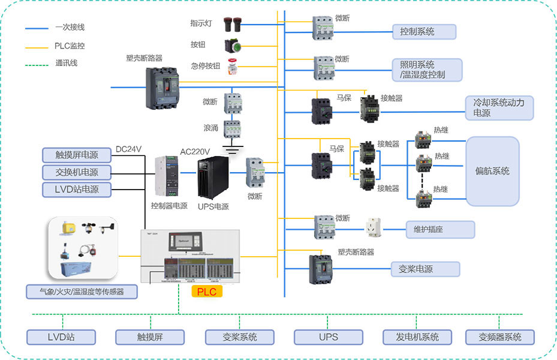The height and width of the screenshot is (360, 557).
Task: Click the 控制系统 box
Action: click(424, 32)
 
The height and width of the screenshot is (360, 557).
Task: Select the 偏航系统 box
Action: click(492, 171)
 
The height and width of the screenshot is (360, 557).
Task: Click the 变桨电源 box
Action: click(425, 269)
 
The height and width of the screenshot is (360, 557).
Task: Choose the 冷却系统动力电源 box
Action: click(499, 107)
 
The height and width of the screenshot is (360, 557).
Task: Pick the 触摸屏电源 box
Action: click(78, 155)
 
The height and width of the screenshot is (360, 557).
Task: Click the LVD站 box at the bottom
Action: click(62, 337)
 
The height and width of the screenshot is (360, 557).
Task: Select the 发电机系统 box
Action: click(417, 337)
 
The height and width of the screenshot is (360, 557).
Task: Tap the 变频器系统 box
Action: click(499, 337)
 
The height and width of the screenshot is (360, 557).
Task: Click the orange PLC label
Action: click(206, 292)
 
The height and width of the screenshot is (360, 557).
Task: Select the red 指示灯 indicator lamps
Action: click(232, 24)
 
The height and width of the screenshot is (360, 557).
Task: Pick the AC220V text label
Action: click(195, 151)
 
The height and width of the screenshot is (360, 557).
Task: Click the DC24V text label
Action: click(128, 149)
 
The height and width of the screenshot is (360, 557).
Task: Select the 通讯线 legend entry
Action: click(66, 63)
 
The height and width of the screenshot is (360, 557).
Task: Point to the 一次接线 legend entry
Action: click(70, 28)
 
